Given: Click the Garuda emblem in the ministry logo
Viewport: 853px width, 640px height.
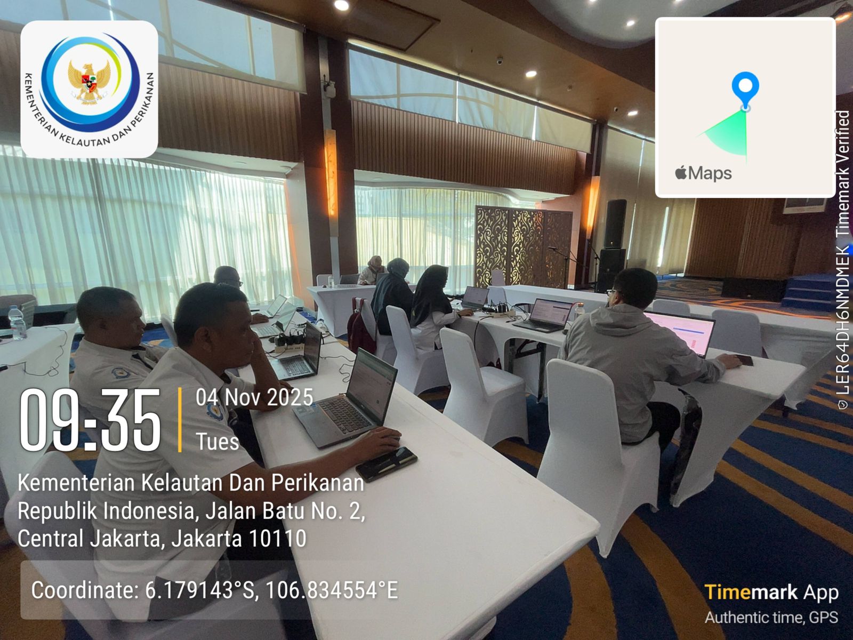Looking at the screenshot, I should pyautogui.click(x=89, y=81).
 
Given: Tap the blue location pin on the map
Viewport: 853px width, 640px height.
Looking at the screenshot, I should pyautogui.click(x=745, y=89).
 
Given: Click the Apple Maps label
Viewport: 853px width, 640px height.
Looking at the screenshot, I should pyautogui.click(x=703, y=173).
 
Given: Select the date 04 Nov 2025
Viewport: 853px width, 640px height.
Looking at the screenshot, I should pyautogui.click(x=254, y=398).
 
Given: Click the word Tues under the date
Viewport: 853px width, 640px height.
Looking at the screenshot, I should pyautogui.click(x=217, y=442).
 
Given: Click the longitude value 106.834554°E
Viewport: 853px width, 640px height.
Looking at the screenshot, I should pyautogui.click(x=332, y=590).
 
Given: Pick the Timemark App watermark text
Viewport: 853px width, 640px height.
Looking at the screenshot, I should pyautogui.click(x=771, y=593).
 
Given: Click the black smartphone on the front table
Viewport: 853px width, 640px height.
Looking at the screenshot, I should pyautogui.click(x=387, y=463).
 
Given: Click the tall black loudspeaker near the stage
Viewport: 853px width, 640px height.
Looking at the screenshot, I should pyautogui.click(x=615, y=224).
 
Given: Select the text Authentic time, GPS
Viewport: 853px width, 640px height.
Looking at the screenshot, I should pyautogui.click(x=771, y=618).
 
